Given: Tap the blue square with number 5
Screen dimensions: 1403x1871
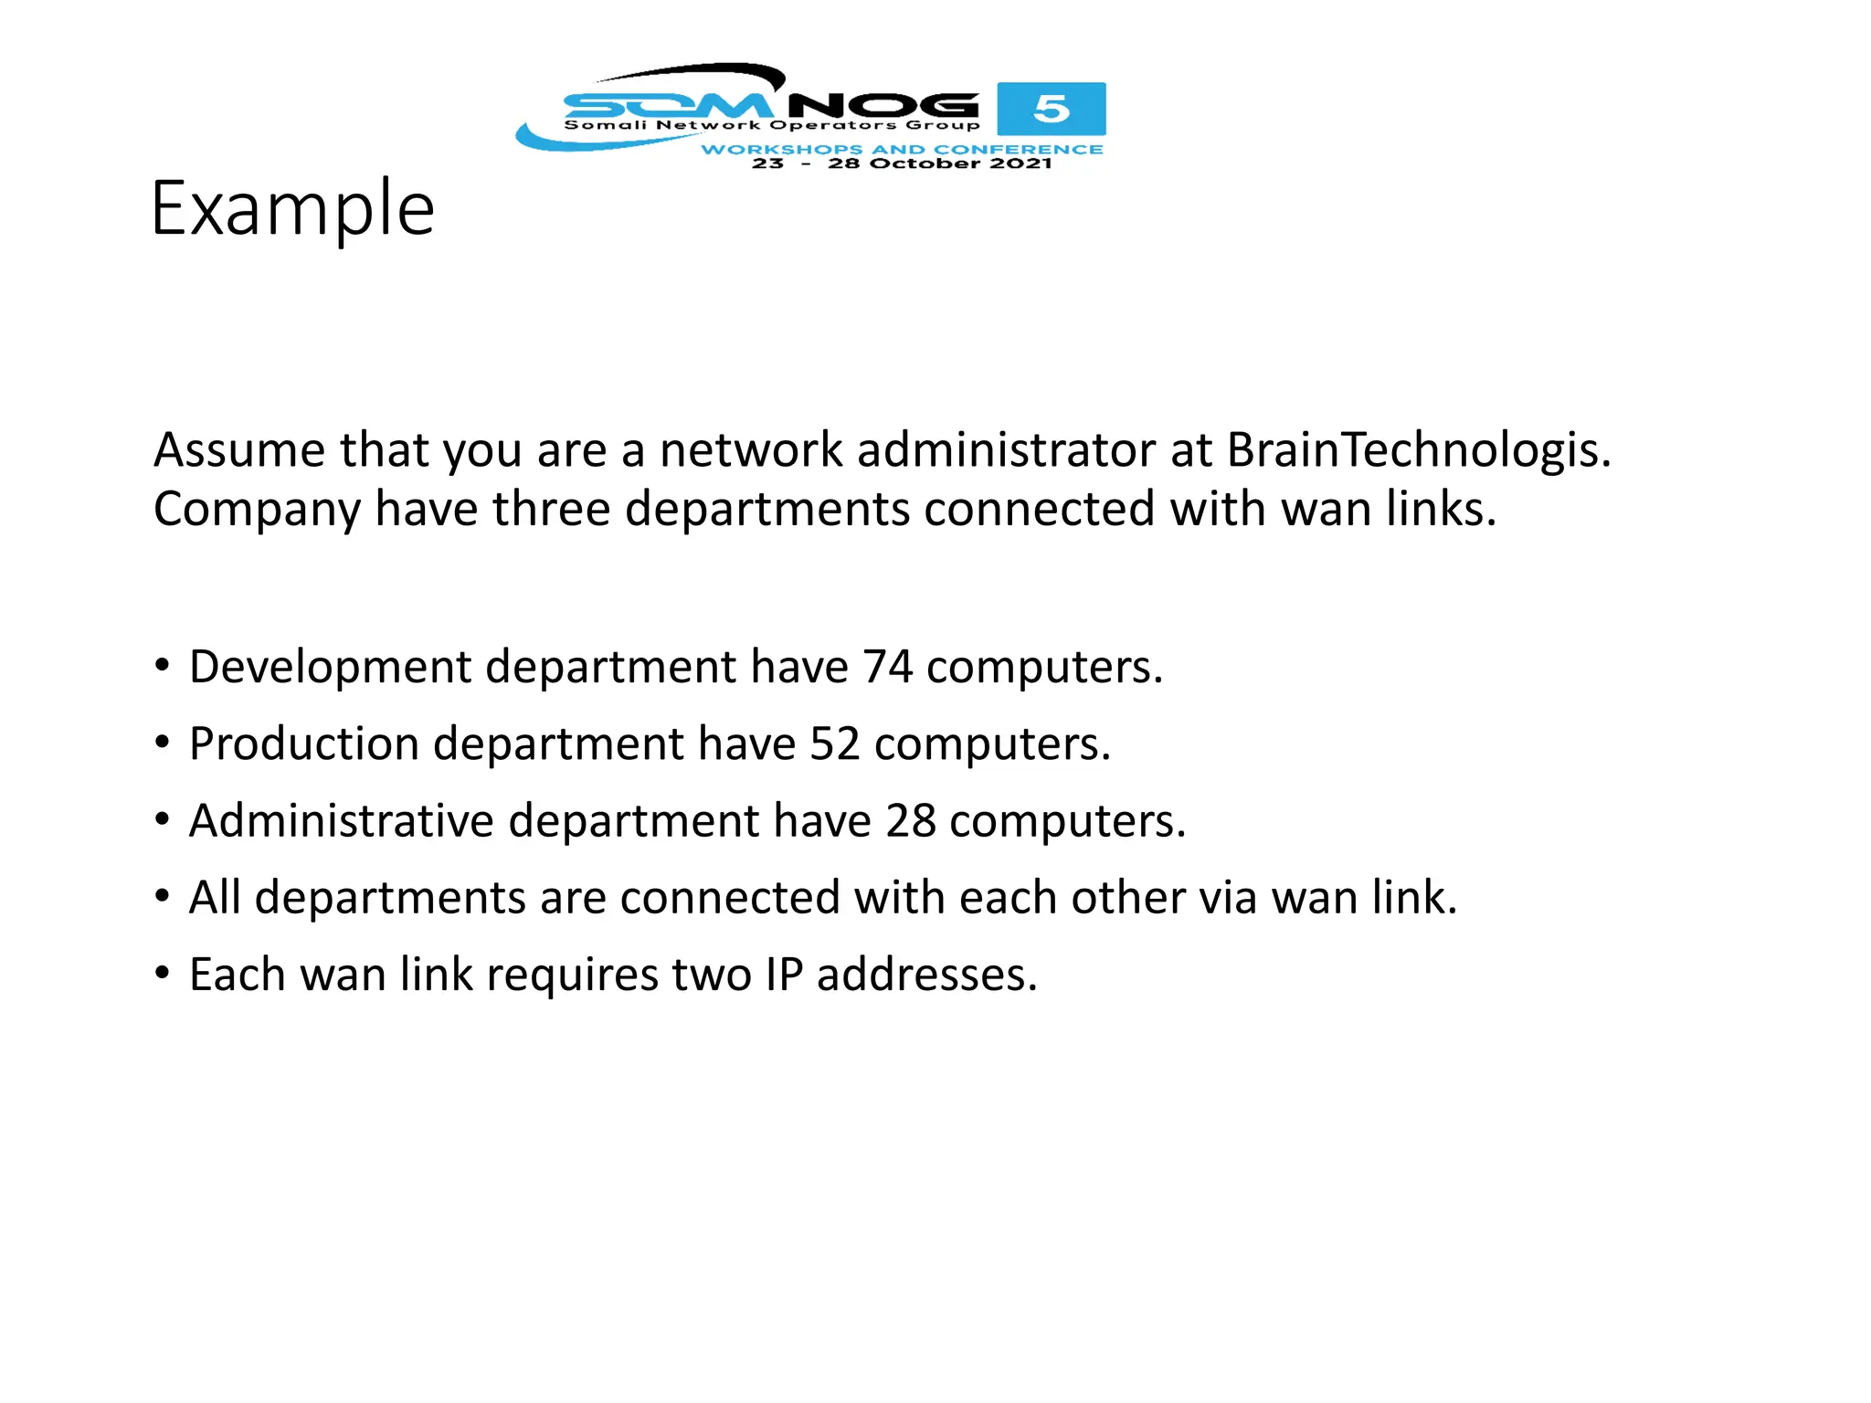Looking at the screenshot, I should [1051, 109].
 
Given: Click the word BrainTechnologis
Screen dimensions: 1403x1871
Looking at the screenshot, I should [1418, 449].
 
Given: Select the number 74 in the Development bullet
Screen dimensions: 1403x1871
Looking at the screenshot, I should [887, 667].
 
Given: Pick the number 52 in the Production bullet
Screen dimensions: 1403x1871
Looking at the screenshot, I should [834, 744].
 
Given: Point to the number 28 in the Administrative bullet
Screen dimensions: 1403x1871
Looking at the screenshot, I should [910, 820].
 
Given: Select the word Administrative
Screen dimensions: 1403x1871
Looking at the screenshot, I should [341, 820].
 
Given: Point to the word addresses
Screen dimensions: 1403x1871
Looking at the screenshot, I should [926, 974].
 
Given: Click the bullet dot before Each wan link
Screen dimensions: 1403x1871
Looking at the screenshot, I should [163, 974].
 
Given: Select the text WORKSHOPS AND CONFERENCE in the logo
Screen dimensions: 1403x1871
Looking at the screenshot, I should [902, 149].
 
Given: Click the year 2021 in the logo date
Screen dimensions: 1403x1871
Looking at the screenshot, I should [1020, 164].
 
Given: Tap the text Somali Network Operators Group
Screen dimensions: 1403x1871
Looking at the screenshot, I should [771, 125].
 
